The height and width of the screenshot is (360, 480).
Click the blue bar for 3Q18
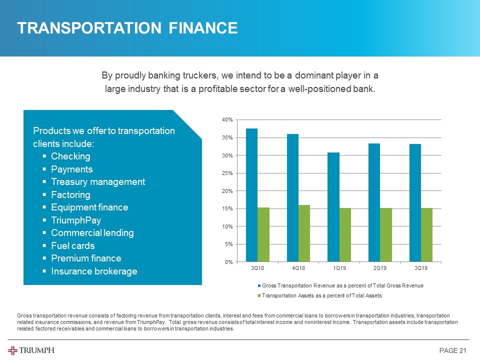click(251, 195)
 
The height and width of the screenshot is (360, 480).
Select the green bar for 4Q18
click(304, 233)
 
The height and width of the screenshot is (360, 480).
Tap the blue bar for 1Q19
click(333, 207)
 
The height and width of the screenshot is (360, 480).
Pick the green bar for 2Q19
click(385, 235)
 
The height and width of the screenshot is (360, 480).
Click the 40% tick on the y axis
click(227, 120)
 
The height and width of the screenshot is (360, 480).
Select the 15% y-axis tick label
click(227, 208)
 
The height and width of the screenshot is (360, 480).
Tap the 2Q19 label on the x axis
click(379, 269)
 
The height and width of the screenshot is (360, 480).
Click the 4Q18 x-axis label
click(298, 269)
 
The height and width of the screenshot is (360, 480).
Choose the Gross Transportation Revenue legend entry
click(342, 285)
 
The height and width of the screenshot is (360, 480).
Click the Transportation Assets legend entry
click(321, 295)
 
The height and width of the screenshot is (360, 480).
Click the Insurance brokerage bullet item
click(93, 271)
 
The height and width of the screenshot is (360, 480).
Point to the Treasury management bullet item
click(98, 182)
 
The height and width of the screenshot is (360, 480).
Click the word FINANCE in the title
click(200, 28)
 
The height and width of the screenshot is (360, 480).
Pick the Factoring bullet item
click(70, 194)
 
